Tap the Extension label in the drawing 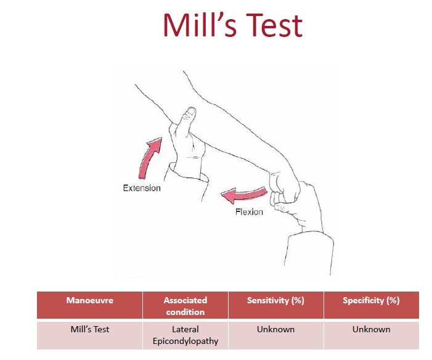tap(141, 188)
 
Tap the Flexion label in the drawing tap(249, 212)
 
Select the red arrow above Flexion tap(241, 194)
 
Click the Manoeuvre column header tap(89, 300)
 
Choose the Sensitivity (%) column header tap(275, 300)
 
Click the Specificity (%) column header tap(371, 300)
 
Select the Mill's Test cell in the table tap(89, 329)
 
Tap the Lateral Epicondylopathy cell tap(185, 335)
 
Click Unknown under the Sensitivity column tap(275, 329)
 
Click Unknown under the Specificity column tap(371, 329)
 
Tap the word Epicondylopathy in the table tap(185, 340)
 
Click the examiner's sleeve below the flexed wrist tap(308, 247)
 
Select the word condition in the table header tap(185, 311)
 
